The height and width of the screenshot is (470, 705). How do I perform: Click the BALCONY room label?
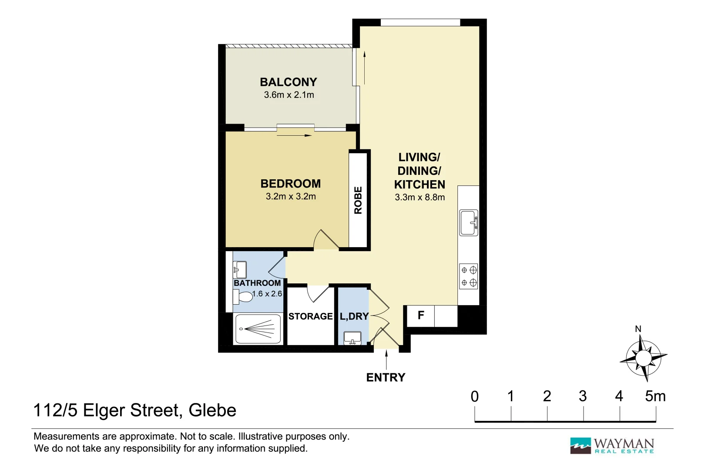288,82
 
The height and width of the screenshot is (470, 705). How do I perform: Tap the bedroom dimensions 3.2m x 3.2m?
291,196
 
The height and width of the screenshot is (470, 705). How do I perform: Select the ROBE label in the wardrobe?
358,200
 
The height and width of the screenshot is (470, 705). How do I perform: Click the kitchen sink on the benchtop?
468,222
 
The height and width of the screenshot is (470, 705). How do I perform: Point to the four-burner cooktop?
469,276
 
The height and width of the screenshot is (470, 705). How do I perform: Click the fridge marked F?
421,316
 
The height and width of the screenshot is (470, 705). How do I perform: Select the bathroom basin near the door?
240,270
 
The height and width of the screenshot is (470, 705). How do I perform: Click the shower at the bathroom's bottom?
258,329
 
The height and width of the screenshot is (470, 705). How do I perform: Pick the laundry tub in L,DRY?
352,338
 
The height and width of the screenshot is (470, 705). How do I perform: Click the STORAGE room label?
310,316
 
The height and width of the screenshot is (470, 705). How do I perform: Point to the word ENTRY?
386,377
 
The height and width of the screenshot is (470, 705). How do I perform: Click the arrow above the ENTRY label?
386,359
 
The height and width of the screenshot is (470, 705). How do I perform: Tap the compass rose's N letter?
638,329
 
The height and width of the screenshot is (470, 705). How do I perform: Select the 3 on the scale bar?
583,396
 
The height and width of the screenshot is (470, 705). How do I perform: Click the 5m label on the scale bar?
655,396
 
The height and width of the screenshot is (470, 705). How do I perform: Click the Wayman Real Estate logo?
612,446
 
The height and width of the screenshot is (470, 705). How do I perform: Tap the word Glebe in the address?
212,410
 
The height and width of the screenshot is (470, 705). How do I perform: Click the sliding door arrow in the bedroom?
294,135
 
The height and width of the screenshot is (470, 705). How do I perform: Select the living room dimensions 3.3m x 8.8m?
420,197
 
